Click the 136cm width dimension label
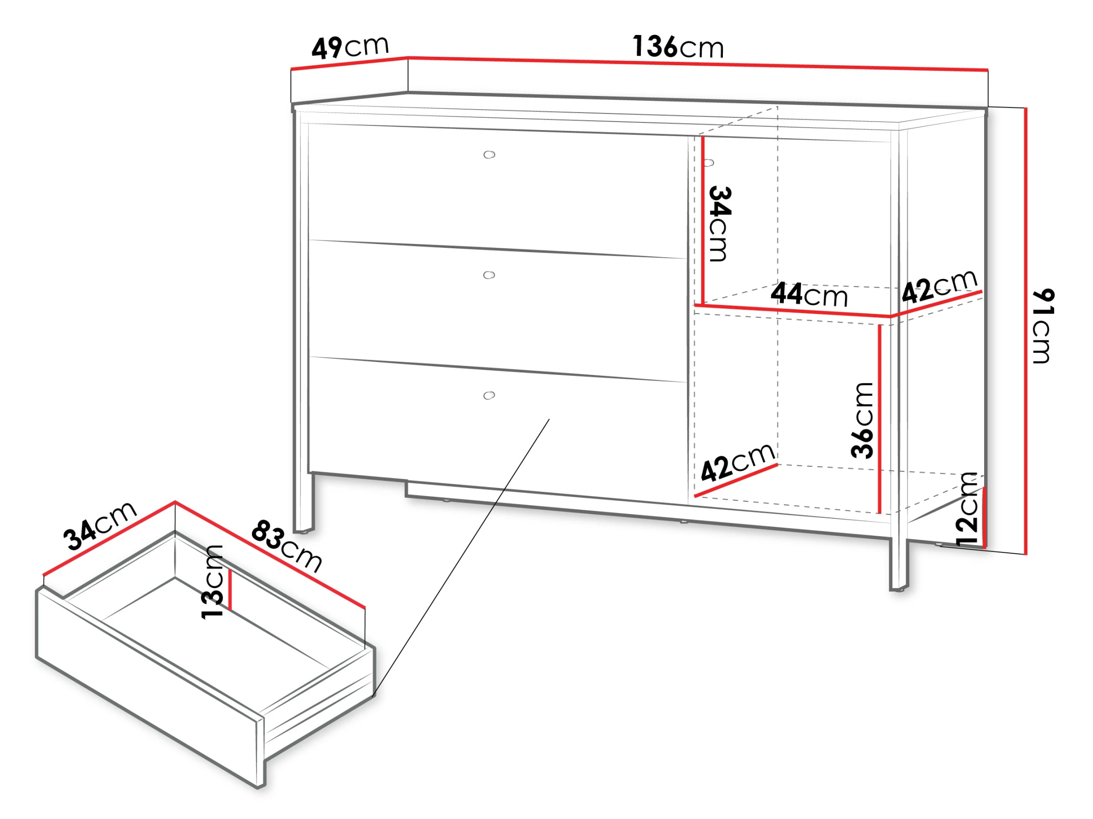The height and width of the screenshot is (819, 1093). click(678, 47)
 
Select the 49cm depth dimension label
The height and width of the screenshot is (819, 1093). click(350, 47)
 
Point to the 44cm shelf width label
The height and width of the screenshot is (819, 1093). click(809, 294)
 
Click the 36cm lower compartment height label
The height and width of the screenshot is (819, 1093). click(862, 420)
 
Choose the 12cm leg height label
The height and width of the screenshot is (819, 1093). click(967, 509)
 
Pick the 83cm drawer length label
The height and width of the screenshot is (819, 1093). click(287, 546)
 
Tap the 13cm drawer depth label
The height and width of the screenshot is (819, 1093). click(213, 582)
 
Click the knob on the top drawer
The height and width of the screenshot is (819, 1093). click(489, 155)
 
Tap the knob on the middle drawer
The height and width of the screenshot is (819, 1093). click(489, 275)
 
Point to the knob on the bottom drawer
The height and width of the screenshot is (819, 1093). click(489, 395)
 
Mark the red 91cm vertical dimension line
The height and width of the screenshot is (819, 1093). click(1026, 331)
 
